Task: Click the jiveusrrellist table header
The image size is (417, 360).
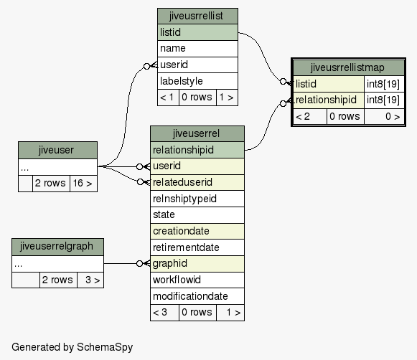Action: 197,16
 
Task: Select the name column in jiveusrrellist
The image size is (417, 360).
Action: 197,49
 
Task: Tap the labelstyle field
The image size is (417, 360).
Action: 197,81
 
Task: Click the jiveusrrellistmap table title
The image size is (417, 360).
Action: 348,67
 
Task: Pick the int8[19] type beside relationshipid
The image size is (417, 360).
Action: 384,100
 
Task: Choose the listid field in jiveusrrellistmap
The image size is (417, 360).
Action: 329,84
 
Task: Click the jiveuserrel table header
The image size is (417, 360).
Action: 197,133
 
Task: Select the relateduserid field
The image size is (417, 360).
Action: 197,182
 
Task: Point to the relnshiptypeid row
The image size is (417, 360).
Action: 197,199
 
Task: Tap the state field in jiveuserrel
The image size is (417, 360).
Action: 197,215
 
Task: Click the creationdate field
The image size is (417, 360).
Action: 197,231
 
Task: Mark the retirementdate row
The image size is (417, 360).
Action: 197,247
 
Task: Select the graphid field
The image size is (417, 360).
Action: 197,264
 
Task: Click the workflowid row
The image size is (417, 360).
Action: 197,280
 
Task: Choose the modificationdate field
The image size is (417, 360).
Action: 197,296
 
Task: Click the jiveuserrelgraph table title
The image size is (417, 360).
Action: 57,247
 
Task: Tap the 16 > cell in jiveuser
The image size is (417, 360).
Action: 83,184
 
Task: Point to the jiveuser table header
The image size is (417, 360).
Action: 57,150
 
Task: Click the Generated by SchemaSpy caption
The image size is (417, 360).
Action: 72,347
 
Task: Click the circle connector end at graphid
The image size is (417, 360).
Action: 139,264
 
